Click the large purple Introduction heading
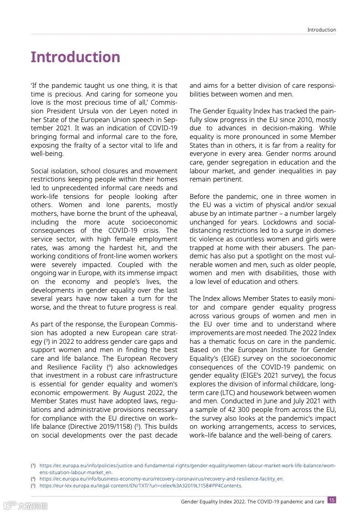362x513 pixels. tap(75, 57)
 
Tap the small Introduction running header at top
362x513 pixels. tap(321, 30)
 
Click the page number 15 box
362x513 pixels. tap(332, 500)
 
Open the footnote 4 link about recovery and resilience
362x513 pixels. tap(162, 479)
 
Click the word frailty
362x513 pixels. tap(96, 145)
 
